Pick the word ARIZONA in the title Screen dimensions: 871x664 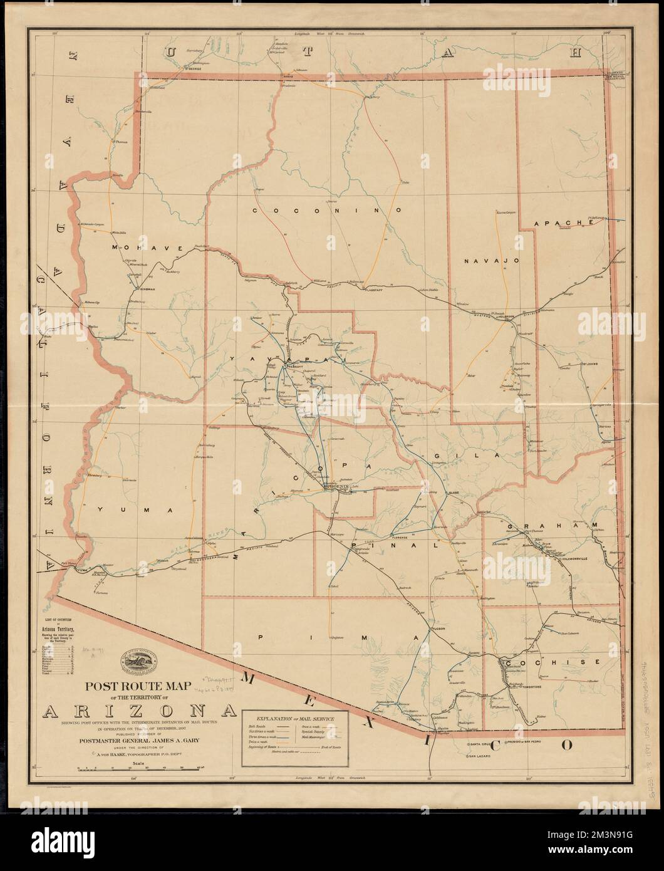140,710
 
